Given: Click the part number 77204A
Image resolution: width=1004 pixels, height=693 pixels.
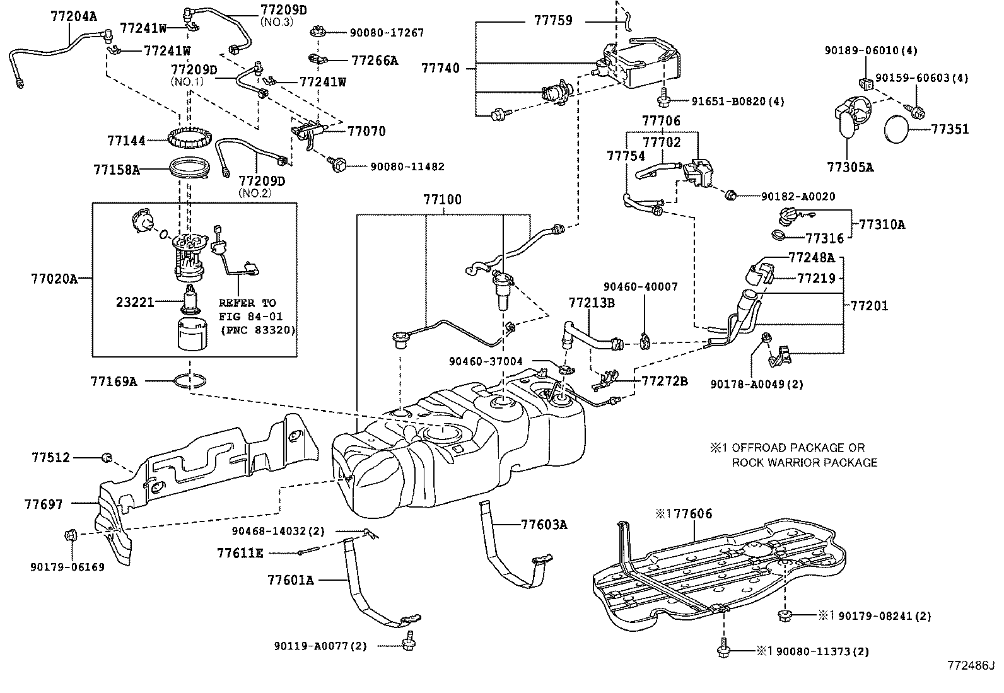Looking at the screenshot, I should (x=74, y=17).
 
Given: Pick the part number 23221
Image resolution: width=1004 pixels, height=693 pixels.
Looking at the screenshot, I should (x=135, y=302).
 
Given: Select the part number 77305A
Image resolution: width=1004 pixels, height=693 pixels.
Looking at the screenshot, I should (x=851, y=167).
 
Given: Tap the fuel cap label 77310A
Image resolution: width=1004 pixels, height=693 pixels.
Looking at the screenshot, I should (x=882, y=224).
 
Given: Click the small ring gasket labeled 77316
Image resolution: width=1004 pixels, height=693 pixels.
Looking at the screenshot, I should (x=779, y=236).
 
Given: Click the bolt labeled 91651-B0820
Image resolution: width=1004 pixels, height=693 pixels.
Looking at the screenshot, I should (x=663, y=98).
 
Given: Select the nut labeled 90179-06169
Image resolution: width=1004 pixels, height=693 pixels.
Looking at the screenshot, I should (x=70, y=536).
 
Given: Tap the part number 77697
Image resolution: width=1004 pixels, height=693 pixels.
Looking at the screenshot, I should (x=44, y=504).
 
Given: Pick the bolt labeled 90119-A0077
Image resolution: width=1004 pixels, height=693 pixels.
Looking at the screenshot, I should (x=407, y=644).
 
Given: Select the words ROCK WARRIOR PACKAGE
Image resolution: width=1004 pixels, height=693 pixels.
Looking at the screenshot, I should (x=804, y=462).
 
